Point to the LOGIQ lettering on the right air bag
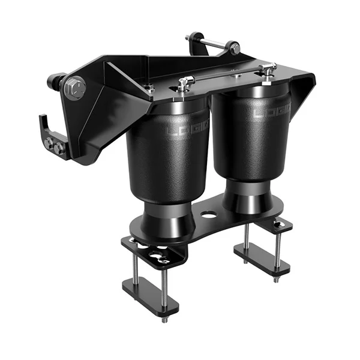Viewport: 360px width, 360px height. [x=272, y=112]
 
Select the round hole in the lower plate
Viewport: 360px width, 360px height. [x=209, y=214]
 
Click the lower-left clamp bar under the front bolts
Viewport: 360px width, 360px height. [x=150, y=296]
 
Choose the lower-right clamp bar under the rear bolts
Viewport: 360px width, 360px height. [x=262, y=259]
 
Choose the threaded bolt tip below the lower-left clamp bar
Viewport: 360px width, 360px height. [x=163, y=319]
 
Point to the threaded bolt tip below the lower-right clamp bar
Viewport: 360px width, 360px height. [x=276, y=280]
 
